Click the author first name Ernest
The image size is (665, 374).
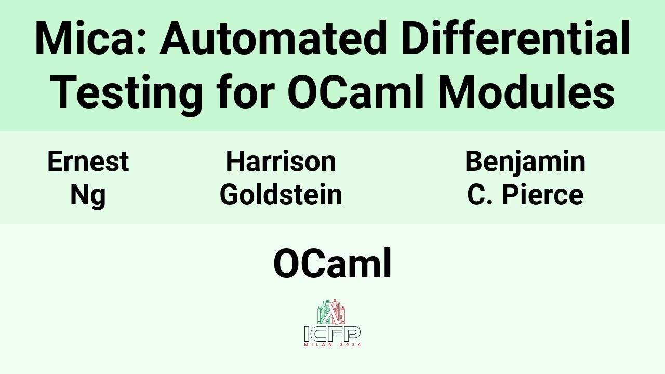tap(88, 162)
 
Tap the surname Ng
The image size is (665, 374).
tap(88, 195)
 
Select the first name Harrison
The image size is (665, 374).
tap(281, 162)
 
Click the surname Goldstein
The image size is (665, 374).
tap(281, 195)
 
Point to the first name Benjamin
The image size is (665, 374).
tap(525, 162)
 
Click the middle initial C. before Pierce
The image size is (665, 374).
tap(478, 195)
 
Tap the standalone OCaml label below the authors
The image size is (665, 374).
tap(332, 264)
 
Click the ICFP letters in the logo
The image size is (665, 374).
tap(332, 333)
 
